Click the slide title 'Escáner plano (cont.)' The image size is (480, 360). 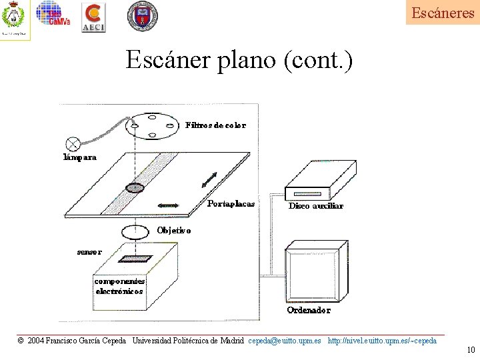(239, 61)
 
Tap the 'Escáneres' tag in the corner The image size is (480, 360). (443, 13)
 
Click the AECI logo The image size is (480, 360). (93, 17)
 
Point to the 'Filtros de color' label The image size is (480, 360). (215, 125)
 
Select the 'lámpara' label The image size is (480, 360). (80, 158)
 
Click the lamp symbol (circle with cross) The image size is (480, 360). (72, 143)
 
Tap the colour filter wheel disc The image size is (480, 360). (153, 125)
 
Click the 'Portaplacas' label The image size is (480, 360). (231, 204)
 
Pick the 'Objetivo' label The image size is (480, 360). (174, 231)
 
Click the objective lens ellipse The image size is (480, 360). (135, 232)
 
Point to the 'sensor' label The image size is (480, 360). (89, 252)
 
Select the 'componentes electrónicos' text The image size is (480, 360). (119, 286)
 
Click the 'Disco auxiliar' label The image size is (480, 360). (316, 206)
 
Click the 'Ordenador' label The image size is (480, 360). (309, 310)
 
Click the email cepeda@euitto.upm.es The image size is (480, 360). (284, 341)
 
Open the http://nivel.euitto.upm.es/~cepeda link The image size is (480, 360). (383, 341)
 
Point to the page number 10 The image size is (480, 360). (471, 351)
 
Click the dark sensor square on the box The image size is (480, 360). (135, 259)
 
